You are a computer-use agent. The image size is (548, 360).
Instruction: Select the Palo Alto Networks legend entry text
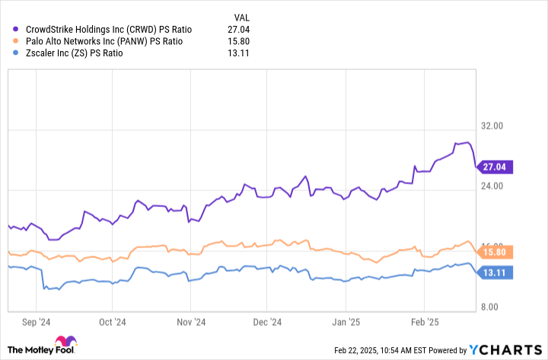pos(102,41)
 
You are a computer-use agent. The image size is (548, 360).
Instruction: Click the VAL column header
pos(241,17)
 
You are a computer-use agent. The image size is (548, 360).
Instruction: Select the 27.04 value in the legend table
pos(238,29)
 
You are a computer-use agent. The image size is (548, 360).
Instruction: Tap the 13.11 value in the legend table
pos(238,53)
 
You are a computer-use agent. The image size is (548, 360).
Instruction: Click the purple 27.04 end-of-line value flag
pos(494,166)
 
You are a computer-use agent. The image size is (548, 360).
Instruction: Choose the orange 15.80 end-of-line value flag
pos(494,251)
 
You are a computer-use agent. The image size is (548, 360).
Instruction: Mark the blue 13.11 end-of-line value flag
pos(494,272)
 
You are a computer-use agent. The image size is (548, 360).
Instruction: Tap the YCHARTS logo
pos(505,350)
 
